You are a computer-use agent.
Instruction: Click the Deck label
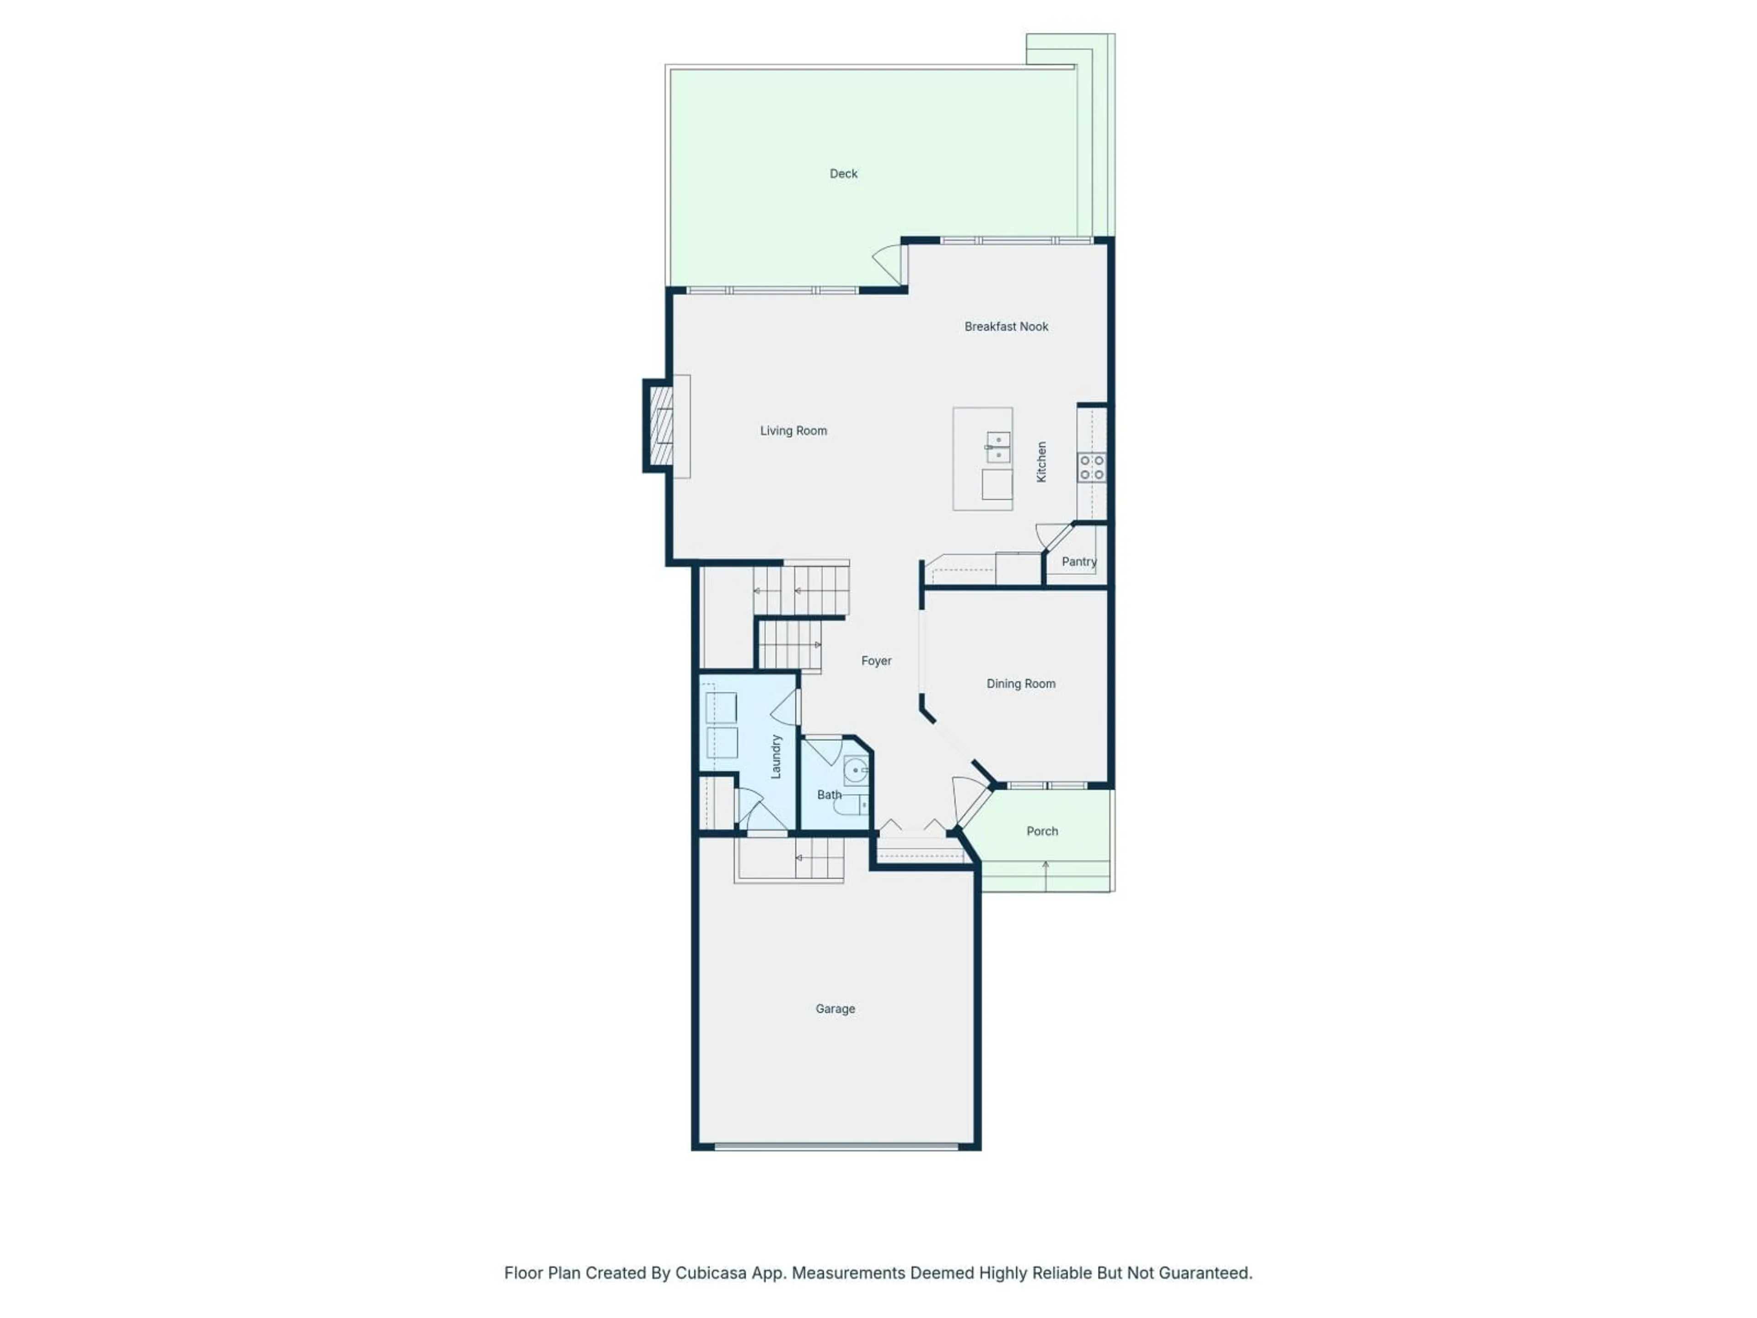point(844,173)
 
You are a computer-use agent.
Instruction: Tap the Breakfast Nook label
point(1006,326)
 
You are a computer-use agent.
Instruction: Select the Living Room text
point(793,431)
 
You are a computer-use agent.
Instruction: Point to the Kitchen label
point(1041,462)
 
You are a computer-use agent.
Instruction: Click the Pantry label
point(1078,562)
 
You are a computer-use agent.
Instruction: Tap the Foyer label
point(876,661)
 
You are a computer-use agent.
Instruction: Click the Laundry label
point(776,756)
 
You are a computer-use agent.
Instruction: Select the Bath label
point(829,794)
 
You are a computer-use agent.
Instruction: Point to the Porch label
point(1042,831)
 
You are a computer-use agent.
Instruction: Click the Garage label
point(835,1009)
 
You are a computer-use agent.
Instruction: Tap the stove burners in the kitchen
point(1091,467)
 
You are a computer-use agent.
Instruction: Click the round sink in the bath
point(856,771)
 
